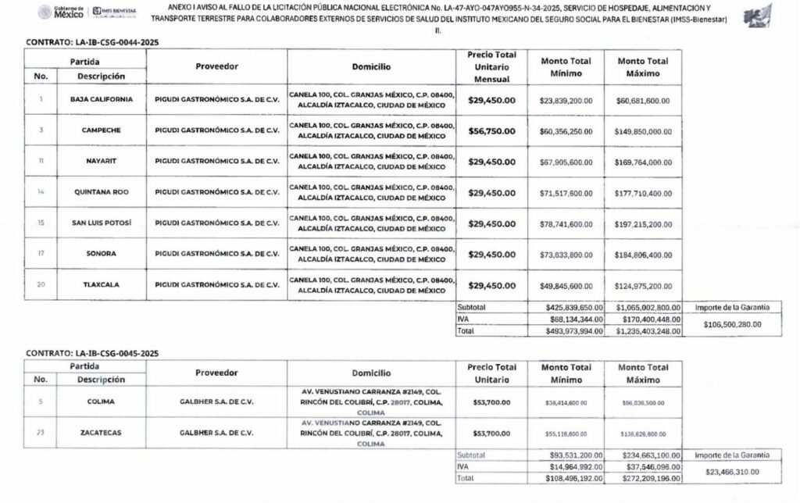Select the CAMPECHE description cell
[101, 130]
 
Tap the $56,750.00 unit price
[491, 130]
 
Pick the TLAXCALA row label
[101, 285]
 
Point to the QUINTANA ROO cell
[101, 192]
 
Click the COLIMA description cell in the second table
[101, 401]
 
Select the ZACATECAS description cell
[101, 432]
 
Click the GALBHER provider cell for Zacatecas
[216, 432]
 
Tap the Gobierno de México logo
[61, 13]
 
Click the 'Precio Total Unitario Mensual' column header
[491, 67]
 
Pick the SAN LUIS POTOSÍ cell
[101, 223]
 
